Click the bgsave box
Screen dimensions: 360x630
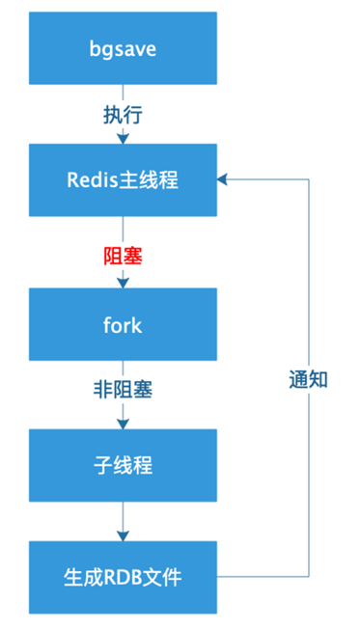[123, 48]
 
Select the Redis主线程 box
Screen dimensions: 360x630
[123, 180]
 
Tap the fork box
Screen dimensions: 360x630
[123, 324]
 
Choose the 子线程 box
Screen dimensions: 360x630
[123, 465]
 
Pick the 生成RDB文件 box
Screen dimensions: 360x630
[123, 577]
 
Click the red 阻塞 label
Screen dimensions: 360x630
[123, 256]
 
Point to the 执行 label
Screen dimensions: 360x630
[123, 116]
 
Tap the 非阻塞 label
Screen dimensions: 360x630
[123, 390]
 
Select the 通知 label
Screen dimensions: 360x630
[309, 379]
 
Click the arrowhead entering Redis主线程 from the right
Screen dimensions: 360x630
[223, 179]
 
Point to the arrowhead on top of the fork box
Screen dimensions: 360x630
[123, 283]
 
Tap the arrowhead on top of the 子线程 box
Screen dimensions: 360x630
[123, 424]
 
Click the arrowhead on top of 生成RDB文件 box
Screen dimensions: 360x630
[123, 535]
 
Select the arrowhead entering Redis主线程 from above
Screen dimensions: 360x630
[123, 138]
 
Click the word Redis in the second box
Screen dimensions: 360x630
[92, 180]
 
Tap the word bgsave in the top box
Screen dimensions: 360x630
[123, 50]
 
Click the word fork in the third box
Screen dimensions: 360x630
[123, 324]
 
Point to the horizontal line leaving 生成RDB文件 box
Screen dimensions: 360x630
[263, 577]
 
